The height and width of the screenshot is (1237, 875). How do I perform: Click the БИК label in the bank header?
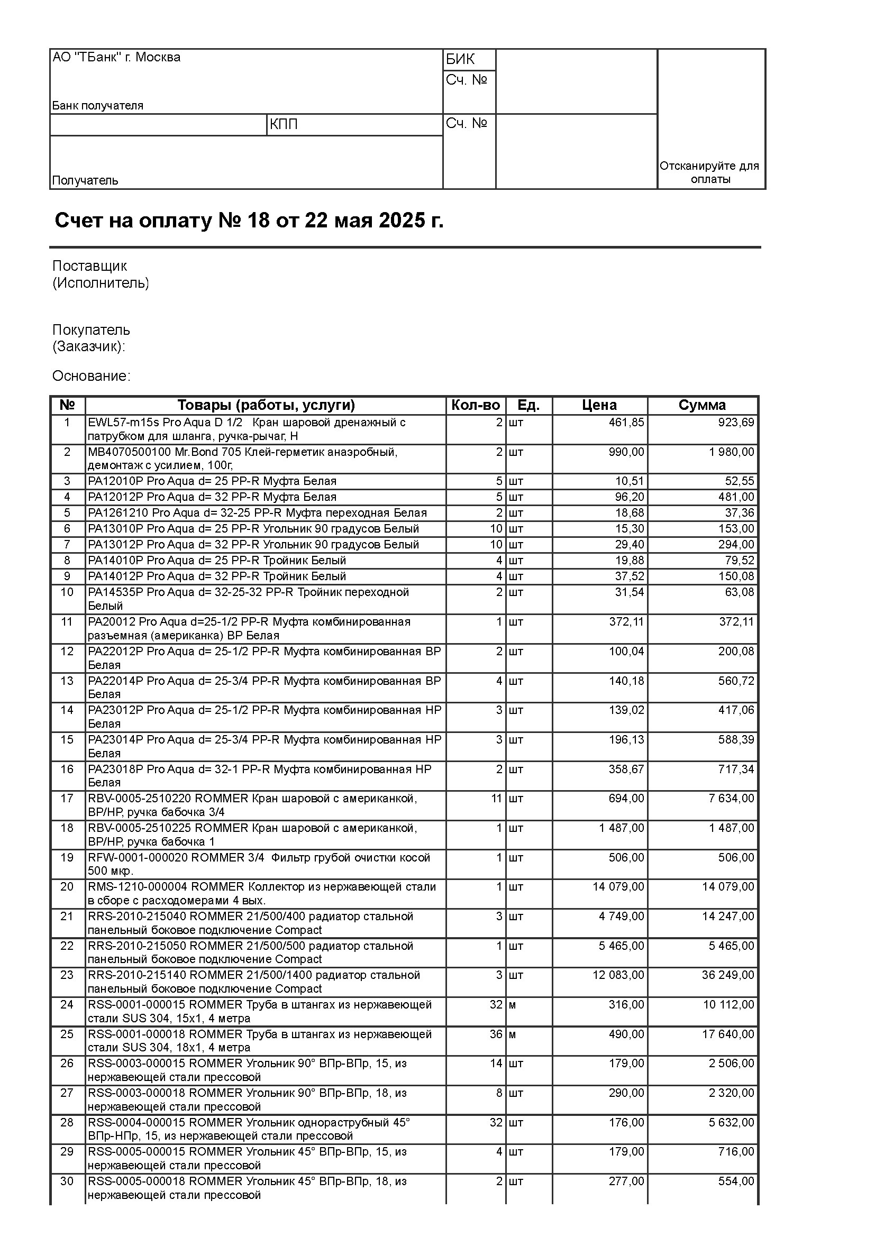(x=460, y=59)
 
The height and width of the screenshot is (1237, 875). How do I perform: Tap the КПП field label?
(x=284, y=124)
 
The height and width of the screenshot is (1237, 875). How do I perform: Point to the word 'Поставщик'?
(x=89, y=265)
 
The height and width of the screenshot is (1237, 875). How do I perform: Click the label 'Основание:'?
(x=91, y=376)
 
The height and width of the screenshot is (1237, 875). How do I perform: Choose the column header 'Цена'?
(x=599, y=405)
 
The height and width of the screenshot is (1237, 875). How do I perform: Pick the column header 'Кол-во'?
(x=475, y=405)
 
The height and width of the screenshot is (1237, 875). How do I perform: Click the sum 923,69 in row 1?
(x=736, y=423)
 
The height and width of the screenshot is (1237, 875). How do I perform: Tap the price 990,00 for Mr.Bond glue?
(x=626, y=452)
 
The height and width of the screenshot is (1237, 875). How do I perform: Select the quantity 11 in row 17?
(x=496, y=799)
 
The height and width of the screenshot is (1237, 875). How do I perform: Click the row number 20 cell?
(x=67, y=887)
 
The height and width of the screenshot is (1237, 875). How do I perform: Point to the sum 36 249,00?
(x=727, y=975)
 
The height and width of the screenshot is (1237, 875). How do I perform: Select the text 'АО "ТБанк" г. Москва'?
(x=116, y=57)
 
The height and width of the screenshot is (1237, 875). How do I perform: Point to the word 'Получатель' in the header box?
(x=85, y=180)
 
